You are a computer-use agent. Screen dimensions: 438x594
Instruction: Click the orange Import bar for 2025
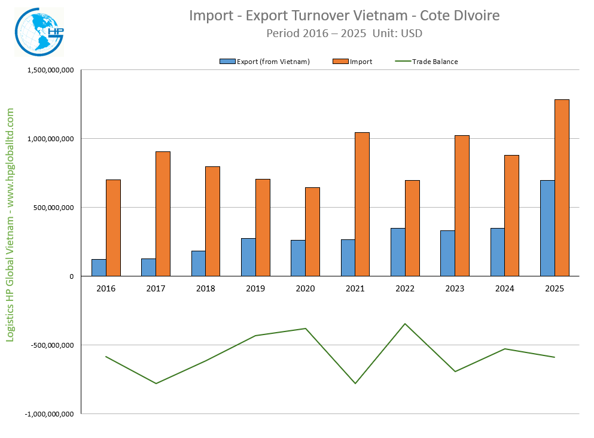click(x=562, y=188)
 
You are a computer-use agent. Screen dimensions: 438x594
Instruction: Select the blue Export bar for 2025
click(x=547, y=228)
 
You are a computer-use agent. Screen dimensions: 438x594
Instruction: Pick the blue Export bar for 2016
click(x=99, y=267)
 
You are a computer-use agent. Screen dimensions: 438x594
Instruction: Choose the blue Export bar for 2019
click(x=248, y=257)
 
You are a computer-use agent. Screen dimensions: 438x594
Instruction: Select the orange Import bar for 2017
click(x=163, y=214)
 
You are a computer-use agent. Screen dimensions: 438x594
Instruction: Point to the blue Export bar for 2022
click(x=398, y=252)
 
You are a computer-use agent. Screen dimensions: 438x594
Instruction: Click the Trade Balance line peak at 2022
click(x=405, y=324)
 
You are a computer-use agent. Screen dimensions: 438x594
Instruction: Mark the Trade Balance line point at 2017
click(x=156, y=384)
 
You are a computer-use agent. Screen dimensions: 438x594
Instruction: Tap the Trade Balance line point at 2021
click(x=355, y=384)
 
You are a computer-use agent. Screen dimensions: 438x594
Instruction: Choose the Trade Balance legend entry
click(x=427, y=62)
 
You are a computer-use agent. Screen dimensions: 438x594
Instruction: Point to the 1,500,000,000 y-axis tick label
click(x=50, y=70)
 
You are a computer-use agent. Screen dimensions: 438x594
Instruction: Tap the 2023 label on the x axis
click(x=455, y=288)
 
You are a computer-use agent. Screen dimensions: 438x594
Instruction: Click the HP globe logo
click(x=39, y=32)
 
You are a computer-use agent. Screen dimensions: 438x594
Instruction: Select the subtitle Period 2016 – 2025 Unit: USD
click(x=344, y=34)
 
